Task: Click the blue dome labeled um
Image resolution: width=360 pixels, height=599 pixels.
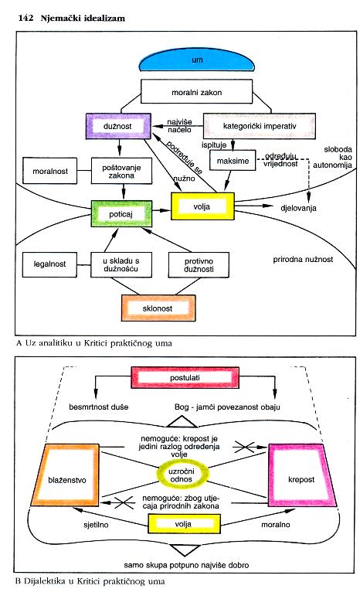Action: coord(196,60)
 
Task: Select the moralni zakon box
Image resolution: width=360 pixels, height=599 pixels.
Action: coord(196,92)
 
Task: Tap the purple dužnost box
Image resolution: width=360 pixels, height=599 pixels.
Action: coord(118,126)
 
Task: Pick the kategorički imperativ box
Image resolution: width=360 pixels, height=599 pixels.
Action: coord(260,126)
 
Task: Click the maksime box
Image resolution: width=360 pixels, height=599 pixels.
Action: coord(233,161)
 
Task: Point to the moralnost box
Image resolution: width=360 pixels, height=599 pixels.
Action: coord(50,171)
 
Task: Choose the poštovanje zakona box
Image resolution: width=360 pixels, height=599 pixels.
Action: coord(121,171)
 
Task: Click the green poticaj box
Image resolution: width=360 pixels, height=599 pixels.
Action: coord(121,214)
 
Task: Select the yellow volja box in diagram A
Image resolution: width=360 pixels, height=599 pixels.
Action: coord(202,206)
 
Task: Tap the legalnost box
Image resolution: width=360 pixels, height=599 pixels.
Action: coord(49,264)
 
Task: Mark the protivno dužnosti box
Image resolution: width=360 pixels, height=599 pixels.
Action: coord(199,265)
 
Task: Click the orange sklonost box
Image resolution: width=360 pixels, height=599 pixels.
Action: coord(158,308)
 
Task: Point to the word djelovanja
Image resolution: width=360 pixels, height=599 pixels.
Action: coord(298,208)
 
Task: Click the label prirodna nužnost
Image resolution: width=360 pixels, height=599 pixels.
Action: coord(303,260)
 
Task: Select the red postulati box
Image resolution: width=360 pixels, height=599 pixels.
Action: coord(185,377)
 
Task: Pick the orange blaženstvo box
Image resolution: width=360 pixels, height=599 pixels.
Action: coord(66,475)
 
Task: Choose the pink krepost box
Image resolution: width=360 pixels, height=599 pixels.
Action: coord(302,475)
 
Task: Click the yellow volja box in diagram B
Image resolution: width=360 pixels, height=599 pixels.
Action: coord(184,524)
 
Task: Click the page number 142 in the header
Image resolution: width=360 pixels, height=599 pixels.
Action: coord(25,18)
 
